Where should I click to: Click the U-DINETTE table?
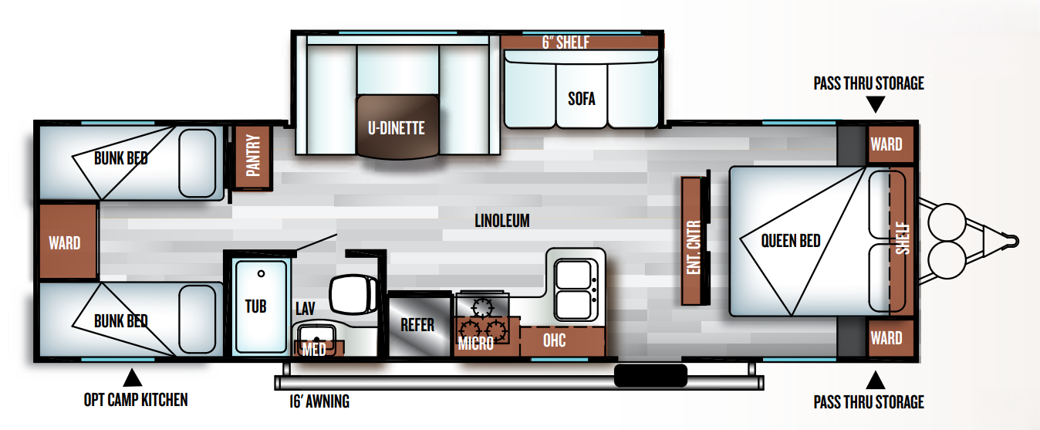click(397, 127)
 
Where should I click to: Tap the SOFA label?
click(581, 99)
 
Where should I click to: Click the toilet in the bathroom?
click(354, 293)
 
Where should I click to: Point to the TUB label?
click(255, 306)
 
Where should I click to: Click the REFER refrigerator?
click(419, 324)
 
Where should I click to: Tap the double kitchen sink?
click(576, 289)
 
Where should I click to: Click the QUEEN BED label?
click(791, 241)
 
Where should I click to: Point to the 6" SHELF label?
click(566, 42)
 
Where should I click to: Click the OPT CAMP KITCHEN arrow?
click(133, 378)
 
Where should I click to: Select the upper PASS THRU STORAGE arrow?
click(876, 104)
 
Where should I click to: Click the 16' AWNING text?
click(319, 401)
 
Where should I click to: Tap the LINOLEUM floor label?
click(502, 221)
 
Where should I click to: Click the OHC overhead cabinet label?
click(555, 340)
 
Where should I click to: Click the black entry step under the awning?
click(650, 376)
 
